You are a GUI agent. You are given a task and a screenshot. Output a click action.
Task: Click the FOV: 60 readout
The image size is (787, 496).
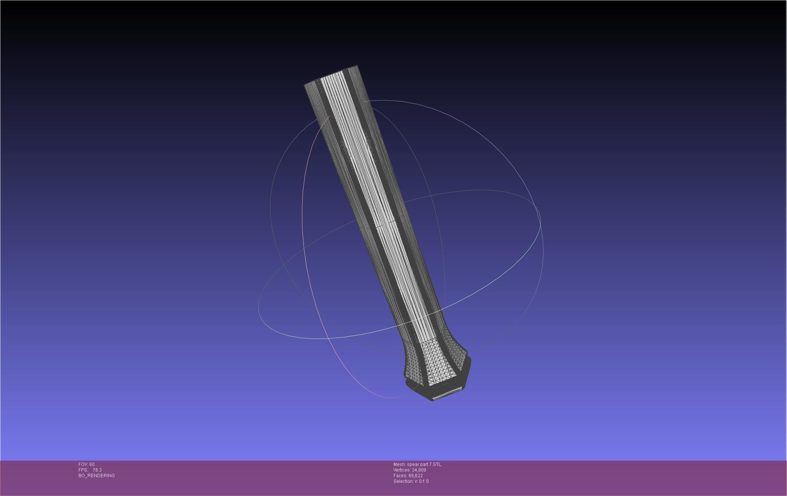coord(86,464)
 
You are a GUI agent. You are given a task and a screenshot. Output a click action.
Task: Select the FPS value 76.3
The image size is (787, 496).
coord(97,470)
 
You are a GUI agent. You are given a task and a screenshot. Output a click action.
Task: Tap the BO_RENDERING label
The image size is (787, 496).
coord(96,476)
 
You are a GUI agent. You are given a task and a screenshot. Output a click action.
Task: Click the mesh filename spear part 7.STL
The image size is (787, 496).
coord(424,464)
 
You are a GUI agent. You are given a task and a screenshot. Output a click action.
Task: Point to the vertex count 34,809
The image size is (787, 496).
coord(419,470)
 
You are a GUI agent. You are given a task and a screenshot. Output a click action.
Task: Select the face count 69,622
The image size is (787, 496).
coord(415,476)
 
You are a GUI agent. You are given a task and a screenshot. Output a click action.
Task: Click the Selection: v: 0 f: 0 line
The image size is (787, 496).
coord(411,481)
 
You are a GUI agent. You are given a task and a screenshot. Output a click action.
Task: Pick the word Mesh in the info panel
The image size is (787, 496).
coord(399,464)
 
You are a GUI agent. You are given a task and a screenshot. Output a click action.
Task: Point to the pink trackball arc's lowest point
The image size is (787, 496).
coord(390,398)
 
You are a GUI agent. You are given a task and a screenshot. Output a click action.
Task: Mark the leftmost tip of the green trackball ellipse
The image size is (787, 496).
coord(259,308)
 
